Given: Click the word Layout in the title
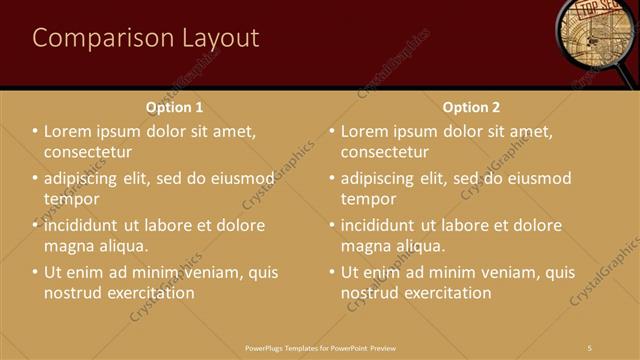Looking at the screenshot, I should click(220, 38).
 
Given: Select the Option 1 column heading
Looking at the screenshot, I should click(175, 107).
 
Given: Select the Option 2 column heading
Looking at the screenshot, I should click(471, 107).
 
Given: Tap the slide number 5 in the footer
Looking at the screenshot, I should click(590, 347).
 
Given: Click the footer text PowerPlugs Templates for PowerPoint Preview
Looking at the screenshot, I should click(320, 347).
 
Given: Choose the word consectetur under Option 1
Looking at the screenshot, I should click(88, 152).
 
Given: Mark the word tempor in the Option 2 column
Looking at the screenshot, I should click(368, 199).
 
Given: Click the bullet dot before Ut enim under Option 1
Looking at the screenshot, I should click(35, 272).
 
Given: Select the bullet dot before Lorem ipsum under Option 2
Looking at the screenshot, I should click(332, 131).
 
